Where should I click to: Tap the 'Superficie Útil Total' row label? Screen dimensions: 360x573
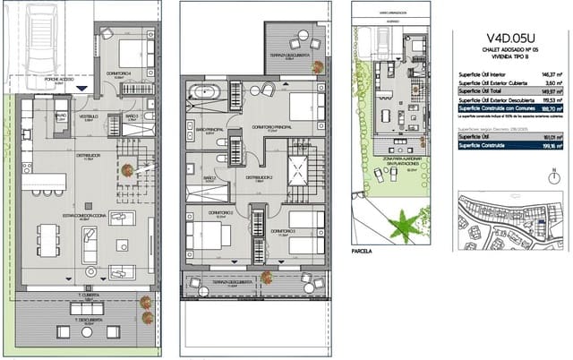point(483,90)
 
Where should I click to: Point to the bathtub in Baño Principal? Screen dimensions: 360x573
point(205,90)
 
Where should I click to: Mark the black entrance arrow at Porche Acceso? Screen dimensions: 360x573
point(82,88)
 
